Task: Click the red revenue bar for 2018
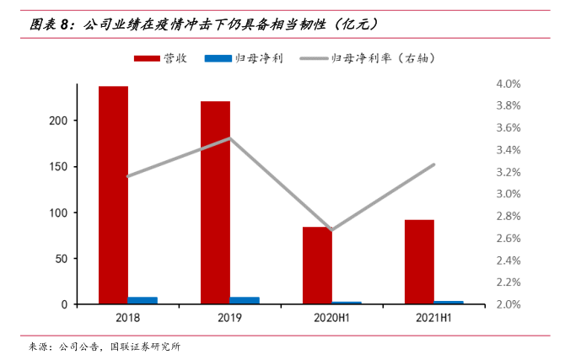tap(113, 195)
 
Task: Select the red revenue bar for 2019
tap(215, 202)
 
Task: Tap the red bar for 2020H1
tap(317, 265)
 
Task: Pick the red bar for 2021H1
tap(419, 261)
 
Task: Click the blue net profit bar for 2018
tap(143, 300)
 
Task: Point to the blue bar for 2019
tap(245, 300)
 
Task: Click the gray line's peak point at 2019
tap(230, 138)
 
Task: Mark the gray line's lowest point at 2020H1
tap(332, 229)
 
